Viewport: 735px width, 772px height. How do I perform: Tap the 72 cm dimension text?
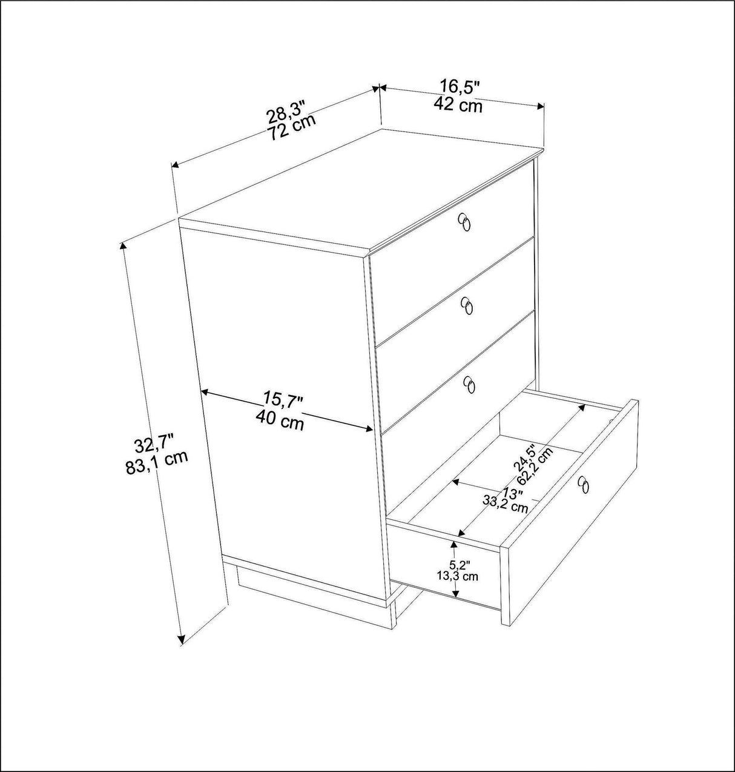coord(292,128)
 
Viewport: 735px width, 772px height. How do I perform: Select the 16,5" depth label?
coord(460,87)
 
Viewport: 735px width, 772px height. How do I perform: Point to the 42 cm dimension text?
coord(458,105)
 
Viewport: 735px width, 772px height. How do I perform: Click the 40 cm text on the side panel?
coord(280,420)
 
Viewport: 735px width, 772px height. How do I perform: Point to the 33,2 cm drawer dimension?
coord(505,502)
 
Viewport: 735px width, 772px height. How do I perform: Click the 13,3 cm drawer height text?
coord(457,576)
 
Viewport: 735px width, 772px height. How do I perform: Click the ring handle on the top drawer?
coord(464,222)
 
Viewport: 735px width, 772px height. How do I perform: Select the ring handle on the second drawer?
coord(467,306)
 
